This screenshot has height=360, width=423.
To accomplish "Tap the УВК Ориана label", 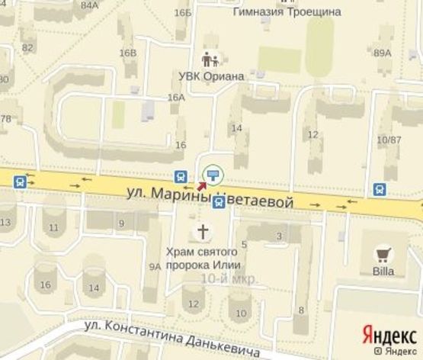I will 211,76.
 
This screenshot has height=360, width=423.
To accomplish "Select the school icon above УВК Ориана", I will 210,59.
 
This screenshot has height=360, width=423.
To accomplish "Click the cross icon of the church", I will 203,231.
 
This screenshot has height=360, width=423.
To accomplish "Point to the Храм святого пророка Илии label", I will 203,257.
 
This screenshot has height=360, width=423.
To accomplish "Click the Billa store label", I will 383,272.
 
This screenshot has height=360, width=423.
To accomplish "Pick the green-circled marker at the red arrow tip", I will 213,173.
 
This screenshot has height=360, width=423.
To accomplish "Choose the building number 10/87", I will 389,140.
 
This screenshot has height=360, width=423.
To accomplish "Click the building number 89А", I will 383,53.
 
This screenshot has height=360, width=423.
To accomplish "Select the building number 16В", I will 127,53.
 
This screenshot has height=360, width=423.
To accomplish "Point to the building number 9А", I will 155,266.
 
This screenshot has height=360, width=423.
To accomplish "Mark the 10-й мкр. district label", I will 229,279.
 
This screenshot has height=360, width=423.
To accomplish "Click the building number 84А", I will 89,5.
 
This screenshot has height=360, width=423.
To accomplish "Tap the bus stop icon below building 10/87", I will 379,188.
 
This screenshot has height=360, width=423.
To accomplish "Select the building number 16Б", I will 182,12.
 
